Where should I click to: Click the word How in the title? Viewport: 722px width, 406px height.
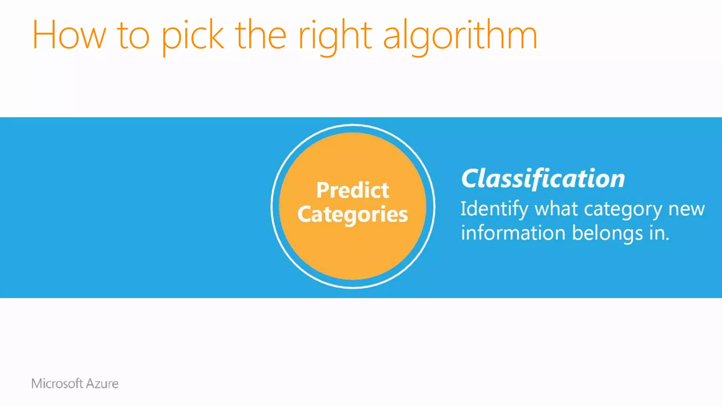point(69,35)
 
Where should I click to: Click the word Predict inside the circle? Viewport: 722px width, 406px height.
point(353,190)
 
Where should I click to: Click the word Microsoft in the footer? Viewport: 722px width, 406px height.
point(57,383)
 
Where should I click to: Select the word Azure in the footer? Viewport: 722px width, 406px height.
point(102,383)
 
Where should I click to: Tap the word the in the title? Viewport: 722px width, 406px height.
point(260,35)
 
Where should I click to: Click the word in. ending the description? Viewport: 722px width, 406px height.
point(659,233)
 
